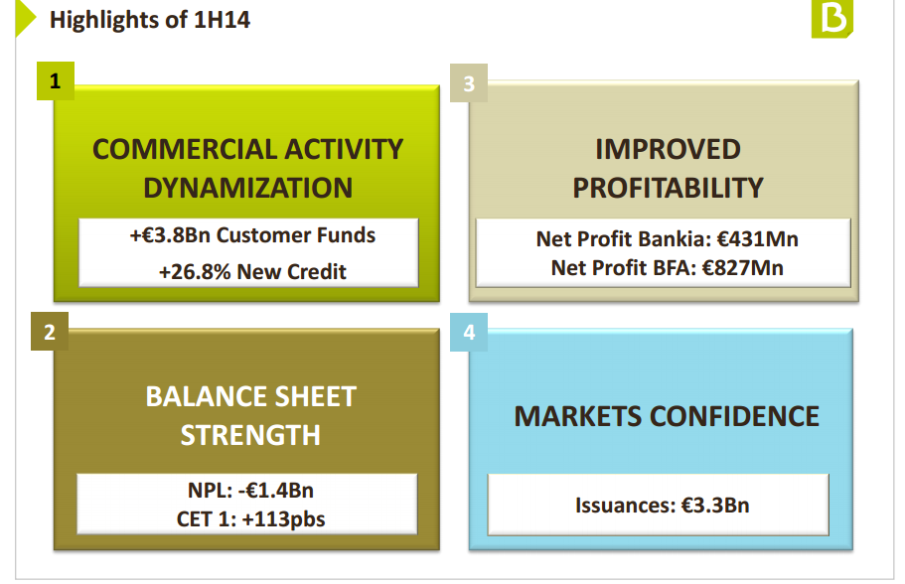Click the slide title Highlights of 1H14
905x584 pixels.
tap(150, 20)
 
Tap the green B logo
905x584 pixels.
tap(831, 19)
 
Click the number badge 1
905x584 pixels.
tap(56, 80)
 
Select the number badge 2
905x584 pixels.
tap(50, 332)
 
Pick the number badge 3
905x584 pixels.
tap(469, 83)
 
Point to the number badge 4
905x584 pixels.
tap(469, 332)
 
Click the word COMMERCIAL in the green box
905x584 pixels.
tap(184, 149)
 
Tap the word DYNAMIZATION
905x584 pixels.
tap(247, 188)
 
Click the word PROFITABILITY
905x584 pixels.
tap(668, 188)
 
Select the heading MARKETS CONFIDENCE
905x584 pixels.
tap(667, 416)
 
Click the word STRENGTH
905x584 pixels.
tap(250, 435)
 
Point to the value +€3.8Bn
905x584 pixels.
tap(170, 235)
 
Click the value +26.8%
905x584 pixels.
tap(195, 271)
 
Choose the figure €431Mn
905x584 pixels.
tap(758, 239)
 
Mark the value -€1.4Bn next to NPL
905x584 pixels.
tap(276, 491)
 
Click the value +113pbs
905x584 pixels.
tap(283, 519)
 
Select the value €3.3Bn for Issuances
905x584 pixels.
tap(715, 506)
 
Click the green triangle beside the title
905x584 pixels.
tap(26, 19)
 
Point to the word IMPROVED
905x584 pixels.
tap(668, 149)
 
